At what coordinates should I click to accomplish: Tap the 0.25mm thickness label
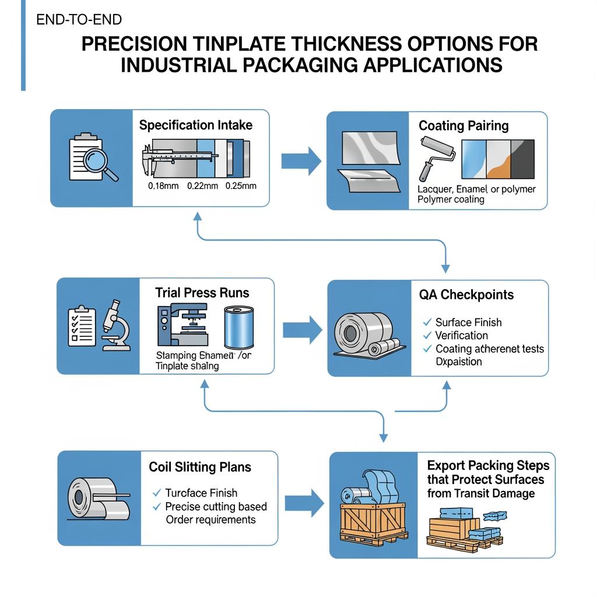click(x=240, y=186)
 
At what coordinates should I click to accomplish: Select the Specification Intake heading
click(x=196, y=125)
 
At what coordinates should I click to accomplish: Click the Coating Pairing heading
click(x=463, y=126)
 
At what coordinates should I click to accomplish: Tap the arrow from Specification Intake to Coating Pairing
click(x=301, y=161)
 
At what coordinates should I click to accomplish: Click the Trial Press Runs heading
click(x=202, y=293)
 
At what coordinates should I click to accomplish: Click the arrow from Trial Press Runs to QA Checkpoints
click(x=302, y=329)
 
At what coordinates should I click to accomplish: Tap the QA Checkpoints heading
click(x=466, y=294)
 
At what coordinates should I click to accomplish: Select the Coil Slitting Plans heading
click(x=200, y=467)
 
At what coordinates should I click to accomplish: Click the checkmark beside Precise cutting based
click(x=156, y=507)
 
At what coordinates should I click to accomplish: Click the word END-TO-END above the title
click(x=79, y=20)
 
